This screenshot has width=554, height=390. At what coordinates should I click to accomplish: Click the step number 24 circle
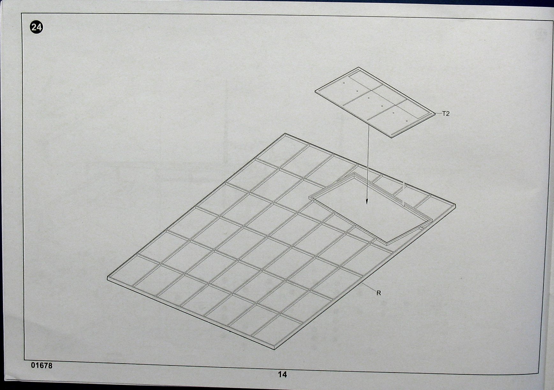click(36, 27)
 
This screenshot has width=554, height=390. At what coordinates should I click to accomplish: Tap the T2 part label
click(446, 114)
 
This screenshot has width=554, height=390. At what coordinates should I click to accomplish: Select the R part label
click(379, 293)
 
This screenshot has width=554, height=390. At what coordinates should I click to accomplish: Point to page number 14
click(283, 374)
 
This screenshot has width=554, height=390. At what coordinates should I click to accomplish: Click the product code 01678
click(42, 365)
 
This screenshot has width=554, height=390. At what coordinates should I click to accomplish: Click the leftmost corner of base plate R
click(107, 278)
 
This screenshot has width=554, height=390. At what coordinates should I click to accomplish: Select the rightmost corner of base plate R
click(455, 205)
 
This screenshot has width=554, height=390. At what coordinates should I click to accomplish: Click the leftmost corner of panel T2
click(315, 91)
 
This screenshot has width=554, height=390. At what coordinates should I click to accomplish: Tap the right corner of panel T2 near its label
click(435, 113)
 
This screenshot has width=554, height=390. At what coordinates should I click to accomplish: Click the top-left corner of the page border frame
click(22, 14)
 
